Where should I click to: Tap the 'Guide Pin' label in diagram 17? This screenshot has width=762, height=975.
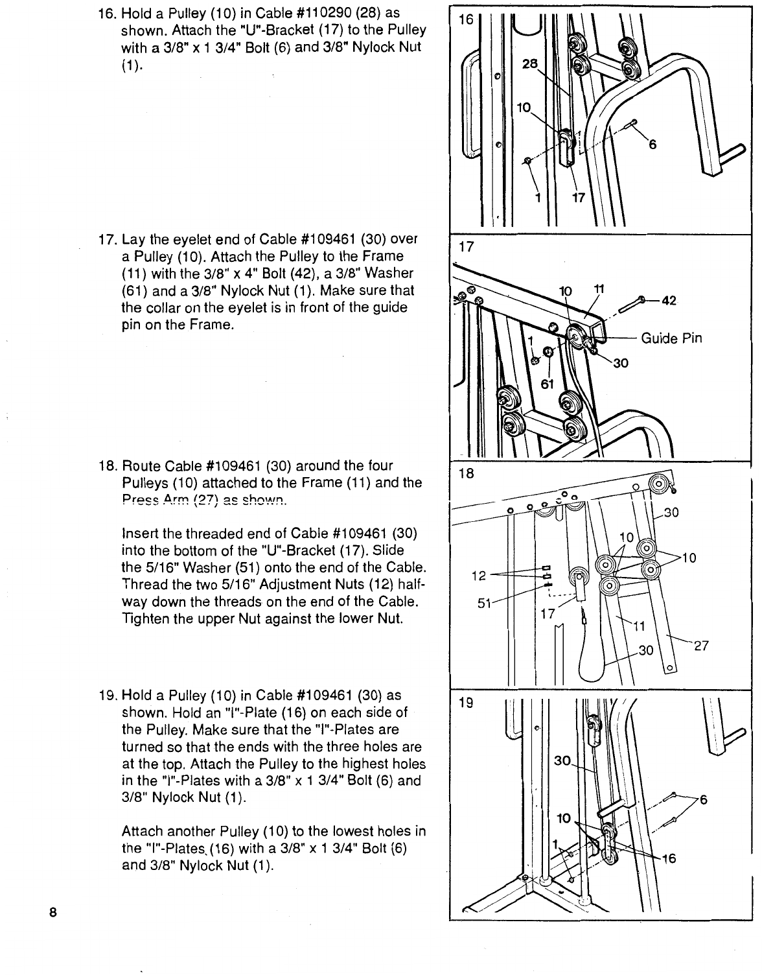[671, 338]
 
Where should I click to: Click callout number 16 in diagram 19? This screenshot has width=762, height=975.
[667, 859]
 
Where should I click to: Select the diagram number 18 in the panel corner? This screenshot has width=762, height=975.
[466, 473]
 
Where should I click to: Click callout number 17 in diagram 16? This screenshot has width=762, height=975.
[579, 198]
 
